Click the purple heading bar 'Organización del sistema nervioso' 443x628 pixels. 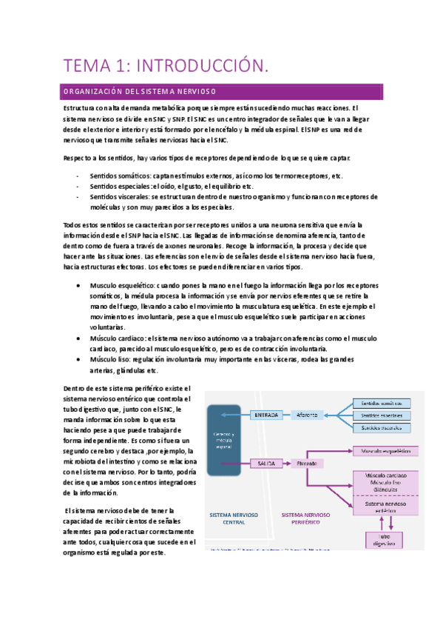221,92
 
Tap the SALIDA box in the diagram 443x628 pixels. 263,462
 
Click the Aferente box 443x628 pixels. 307,415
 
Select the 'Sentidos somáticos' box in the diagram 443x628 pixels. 381,403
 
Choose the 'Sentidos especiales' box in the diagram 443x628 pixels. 381,415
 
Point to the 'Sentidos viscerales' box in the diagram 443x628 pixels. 381,428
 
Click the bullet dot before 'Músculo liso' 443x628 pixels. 79,359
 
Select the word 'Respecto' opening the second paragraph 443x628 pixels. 78,158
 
